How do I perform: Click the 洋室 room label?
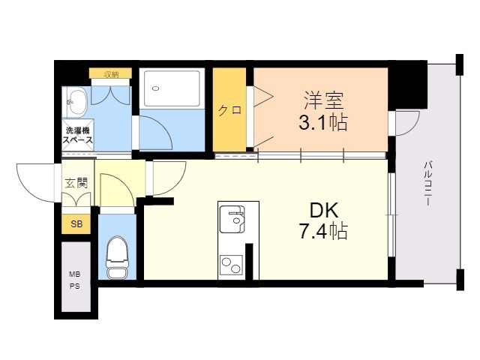pos(322,98)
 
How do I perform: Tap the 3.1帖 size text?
pos(322,122)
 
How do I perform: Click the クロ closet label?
pos(229,109)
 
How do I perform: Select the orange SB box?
pos(76,223)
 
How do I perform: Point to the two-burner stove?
pos(231,264)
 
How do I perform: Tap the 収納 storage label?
pos(111,73)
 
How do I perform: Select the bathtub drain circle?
pos(156,88)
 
